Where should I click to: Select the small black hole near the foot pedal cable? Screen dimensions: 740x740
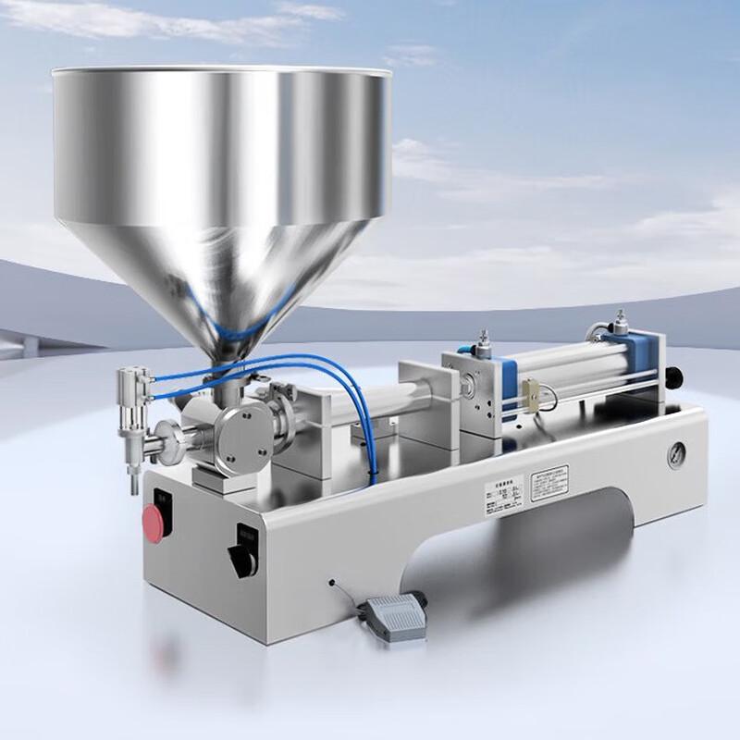tap(331, 583)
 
